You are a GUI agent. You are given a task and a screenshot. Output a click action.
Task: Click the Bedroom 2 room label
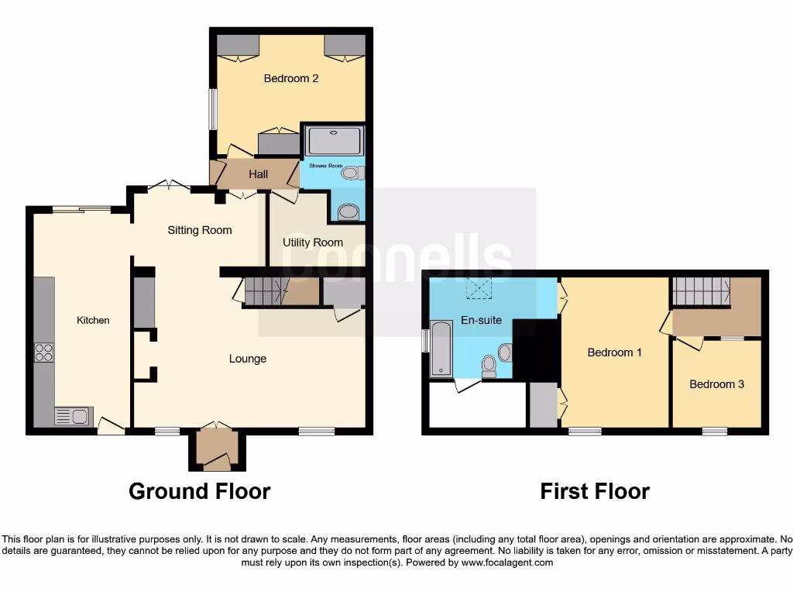(x=290, y=78)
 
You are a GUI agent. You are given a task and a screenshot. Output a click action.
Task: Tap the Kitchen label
(x=93, y=320)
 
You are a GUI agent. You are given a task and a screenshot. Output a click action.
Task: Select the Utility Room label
(x=313, y=242)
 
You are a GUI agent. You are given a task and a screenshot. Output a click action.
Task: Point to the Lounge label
(x=248, y=359)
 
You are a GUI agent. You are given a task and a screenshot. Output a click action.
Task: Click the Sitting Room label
(x=200, y=230)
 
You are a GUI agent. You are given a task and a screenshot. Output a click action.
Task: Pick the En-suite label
(x=481, y=319)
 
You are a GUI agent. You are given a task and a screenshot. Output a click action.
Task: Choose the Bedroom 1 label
(x=614, y=353)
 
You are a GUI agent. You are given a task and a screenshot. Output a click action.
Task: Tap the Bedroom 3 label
(x=716, y=384)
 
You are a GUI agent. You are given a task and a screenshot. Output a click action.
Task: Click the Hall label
(x=259, y=174)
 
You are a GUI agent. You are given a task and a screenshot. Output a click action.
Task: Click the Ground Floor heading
(x=199, y=491)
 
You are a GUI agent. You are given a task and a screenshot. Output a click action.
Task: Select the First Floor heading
(x=595, y=491)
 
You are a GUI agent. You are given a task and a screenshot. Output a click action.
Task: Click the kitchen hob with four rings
(x=44, y=353)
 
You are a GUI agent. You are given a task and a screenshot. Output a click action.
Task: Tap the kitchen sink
(x=74, y=417)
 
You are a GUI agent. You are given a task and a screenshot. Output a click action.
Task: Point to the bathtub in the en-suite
(x=441, y=349)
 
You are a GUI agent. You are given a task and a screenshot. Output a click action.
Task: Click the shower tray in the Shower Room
(x=334, y=141)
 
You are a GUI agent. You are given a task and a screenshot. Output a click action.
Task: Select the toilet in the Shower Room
(x=352, y=174)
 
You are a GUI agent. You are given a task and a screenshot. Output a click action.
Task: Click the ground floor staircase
(x=266, y=291)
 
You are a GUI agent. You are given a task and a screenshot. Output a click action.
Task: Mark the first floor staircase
(x=700, y=291)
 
